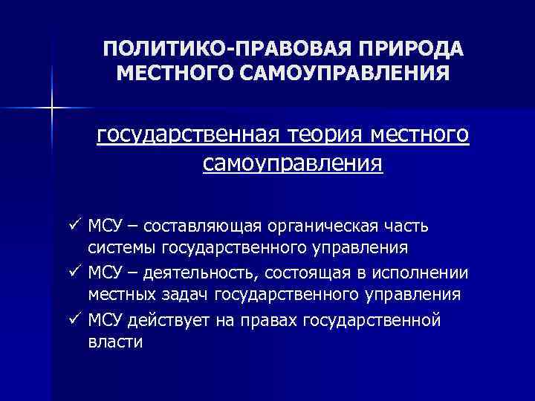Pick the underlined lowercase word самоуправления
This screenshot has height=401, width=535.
coord(292,163)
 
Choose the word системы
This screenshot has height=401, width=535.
coord(121,248)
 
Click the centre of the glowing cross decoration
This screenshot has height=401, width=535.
coord(51,108)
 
